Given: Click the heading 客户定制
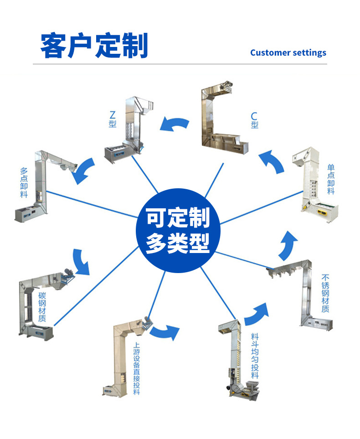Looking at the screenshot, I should (94, 45).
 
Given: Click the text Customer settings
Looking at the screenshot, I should (288, 52).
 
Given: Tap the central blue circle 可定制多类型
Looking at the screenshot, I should (179, 231).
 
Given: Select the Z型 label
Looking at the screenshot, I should (113, 119).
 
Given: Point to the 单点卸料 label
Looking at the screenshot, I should (331, 180).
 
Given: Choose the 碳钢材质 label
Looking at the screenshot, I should (42, 306).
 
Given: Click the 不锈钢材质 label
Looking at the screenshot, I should (325, 293).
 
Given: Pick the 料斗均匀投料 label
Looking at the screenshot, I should (255, 356).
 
